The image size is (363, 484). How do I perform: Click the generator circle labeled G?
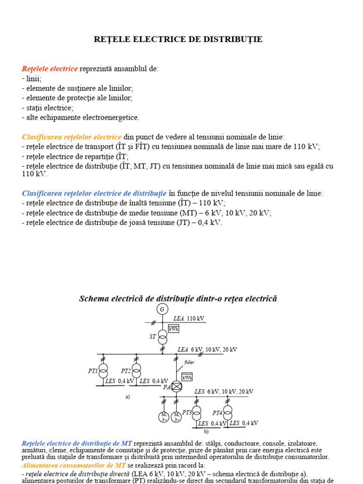click(x=162, y=309)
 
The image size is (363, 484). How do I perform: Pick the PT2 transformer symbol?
click(x=137, y=370)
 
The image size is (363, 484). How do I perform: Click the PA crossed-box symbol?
click(x=176, y=387)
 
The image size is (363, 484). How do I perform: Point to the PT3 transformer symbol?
click(x=197, y=412)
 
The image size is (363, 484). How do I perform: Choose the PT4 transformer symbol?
click(x=228, y=412)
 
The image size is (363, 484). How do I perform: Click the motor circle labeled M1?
click(x=164, y=417)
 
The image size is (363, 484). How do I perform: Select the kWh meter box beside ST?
click(x=173, y=328)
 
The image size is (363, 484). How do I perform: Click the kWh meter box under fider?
click(x=187, y=377)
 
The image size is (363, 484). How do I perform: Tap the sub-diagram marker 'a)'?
click(x=128, y=397)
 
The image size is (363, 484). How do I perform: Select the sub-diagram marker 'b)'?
click(x=206, y=432)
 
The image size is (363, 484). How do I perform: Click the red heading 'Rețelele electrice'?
click(x=50, y=69)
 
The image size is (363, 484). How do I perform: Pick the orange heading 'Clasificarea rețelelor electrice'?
click(x=72, y=137)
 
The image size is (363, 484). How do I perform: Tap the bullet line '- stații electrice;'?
click(x=47, y=108)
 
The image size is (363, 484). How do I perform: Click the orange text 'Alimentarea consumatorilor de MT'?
click(x=74, y=452)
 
